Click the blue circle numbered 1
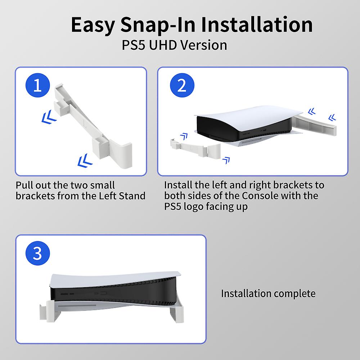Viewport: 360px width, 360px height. [x=37, y=87]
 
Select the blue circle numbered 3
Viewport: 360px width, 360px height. [x=38, y=253]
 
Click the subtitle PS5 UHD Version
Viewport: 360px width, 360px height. [x=175, y=45]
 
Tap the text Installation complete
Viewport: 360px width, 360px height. [x=268, y=293]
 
